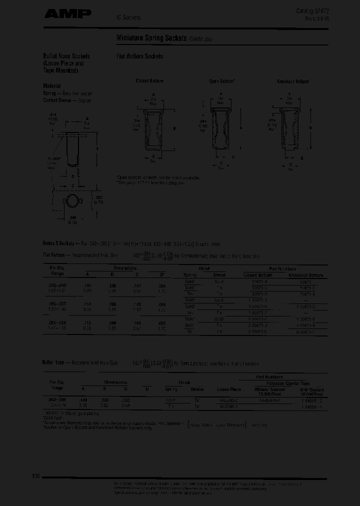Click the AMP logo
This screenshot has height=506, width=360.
pyautogui.click(x=67, y=14)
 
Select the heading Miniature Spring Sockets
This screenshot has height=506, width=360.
pyautogui.click(x=151, y=38)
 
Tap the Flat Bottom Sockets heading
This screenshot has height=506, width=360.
pyautogui.click(x=140, y=56)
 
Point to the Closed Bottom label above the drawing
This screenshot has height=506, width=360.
pyautogui.click(x=149, y=81)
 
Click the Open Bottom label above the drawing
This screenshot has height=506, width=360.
pyautogui.click(x=222, y=81)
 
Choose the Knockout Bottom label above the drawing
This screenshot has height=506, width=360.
pyautogui.click(x=295, y=81)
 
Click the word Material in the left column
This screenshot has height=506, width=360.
pyautogui.click(x=51, y=85)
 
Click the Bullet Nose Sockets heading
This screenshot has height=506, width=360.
pyautogui.click(x=66, y=56)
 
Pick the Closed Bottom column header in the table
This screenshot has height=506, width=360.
pyautogui.click(x=257, y=275)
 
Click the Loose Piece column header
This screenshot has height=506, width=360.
pyautogui.click(x=228, y=389)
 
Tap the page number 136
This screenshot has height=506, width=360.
pyautogui.click(x=36, y=476)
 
